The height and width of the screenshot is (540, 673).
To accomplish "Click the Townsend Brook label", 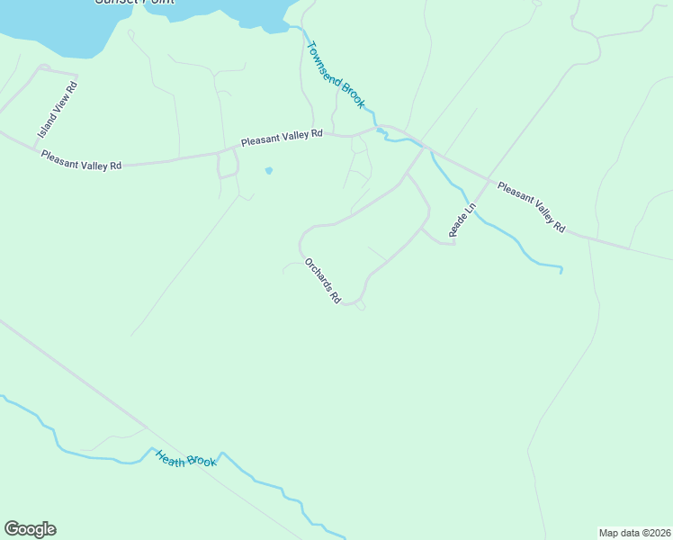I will [x=336, y=75].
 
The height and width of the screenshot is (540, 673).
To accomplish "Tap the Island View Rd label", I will [x=58, y=110].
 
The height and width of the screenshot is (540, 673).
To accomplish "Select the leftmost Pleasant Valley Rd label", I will [x=81, y=159].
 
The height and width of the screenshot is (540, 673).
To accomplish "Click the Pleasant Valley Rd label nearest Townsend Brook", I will [x=281, y=138].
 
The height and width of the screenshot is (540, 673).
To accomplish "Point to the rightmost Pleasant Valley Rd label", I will [x=531, y=208].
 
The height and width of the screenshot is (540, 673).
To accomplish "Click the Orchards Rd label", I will [x=322, y=281].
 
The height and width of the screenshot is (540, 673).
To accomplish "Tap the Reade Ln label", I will [x=462, y=221].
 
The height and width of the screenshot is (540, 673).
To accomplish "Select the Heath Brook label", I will [x=186, y=458].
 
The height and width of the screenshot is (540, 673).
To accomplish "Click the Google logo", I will [x=30, y=529].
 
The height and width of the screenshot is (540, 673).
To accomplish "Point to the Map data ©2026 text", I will [x=634, y=532].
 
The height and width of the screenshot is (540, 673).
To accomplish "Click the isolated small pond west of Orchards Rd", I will [x=268, y=170].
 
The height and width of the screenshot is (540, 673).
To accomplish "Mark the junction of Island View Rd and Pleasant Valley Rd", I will [x=34, y=146].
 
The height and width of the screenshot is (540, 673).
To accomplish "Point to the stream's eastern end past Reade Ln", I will [x=561, y=270].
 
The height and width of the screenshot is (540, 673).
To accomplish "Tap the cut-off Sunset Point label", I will [x=135, y=3].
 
